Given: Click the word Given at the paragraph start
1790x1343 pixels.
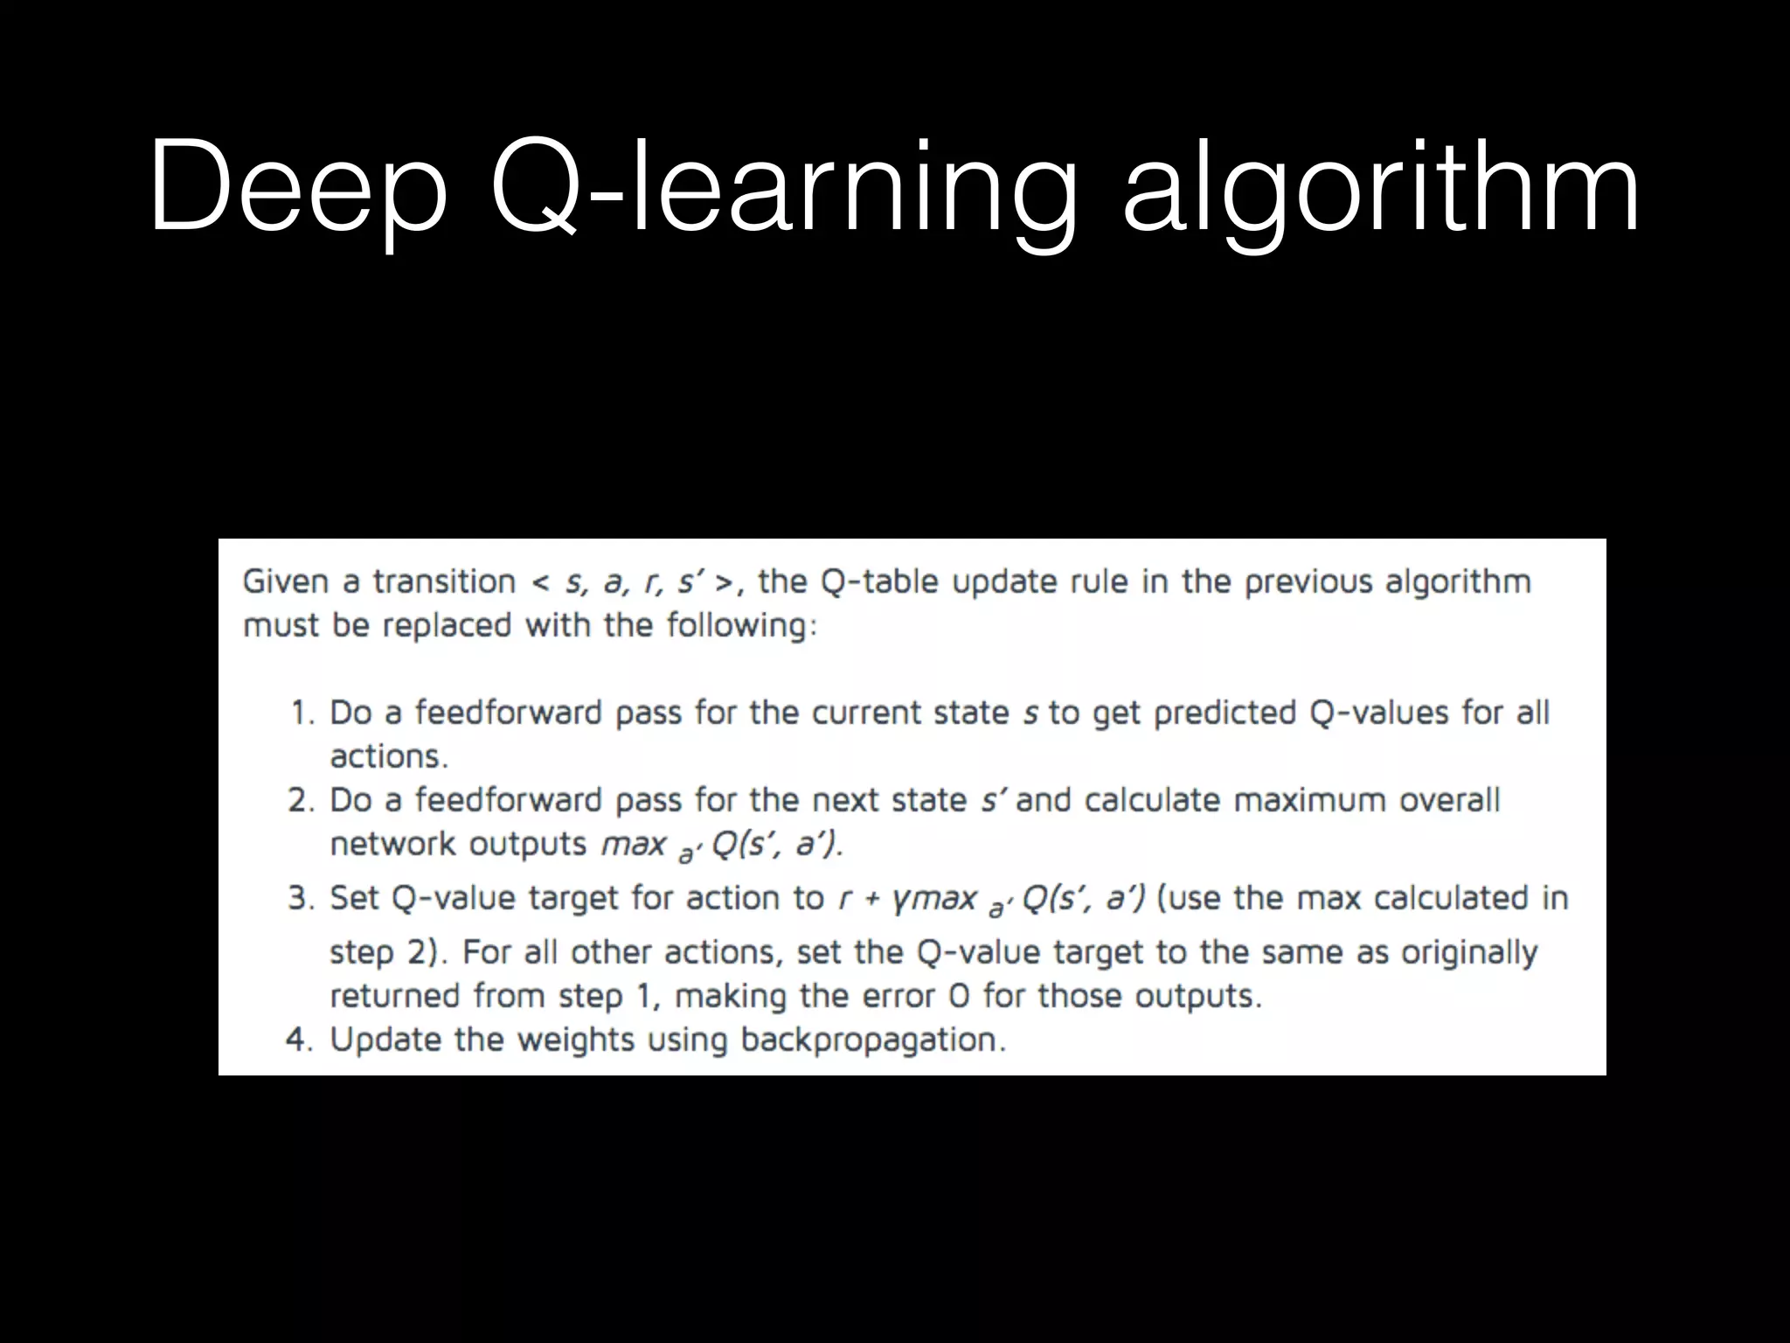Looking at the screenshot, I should [x=285, y=582].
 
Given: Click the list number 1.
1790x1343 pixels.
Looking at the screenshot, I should [x=302, y=713].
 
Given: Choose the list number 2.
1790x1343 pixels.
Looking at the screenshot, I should [x=301, y=801].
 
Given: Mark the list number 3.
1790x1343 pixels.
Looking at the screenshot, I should [x=301, y=899].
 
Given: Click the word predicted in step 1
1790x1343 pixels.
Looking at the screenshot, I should [x=1225, y=713].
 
